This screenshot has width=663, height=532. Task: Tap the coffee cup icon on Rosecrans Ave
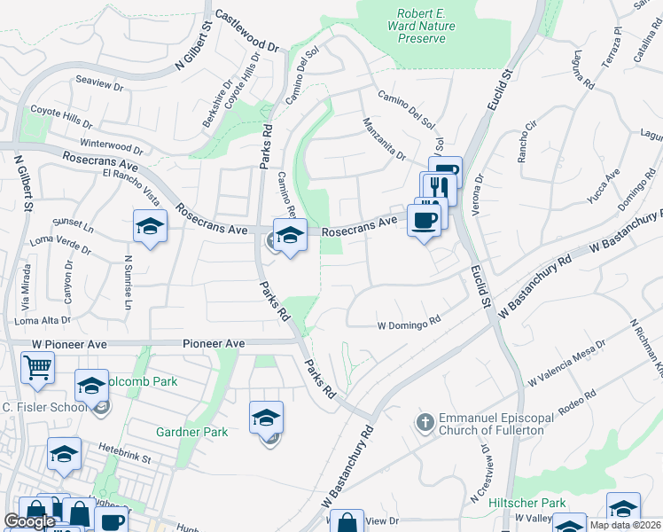pos(424,221)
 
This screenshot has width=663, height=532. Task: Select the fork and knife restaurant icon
pos(437,187)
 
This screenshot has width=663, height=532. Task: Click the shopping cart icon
pos(37,367)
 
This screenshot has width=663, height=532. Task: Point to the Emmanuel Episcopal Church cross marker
pos(425,423)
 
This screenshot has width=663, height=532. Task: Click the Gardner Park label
pos(191,432)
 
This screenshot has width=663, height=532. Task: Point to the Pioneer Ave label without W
pos(213,343)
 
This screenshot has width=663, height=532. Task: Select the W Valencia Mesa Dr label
pos(566,363)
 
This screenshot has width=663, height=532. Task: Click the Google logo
pos(30,521)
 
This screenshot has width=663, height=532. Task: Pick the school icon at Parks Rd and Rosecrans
pos(290,235)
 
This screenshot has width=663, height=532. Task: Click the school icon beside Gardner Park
pos(266,418)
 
